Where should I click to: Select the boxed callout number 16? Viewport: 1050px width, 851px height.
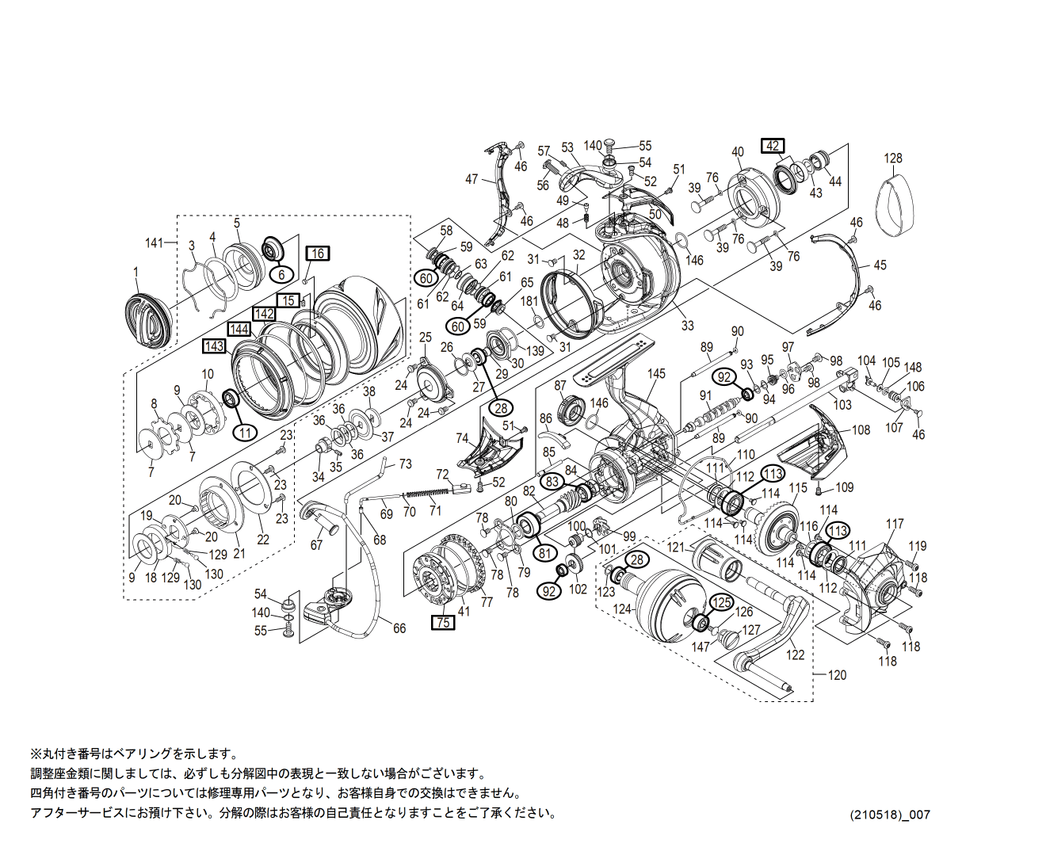(x=318, y=254)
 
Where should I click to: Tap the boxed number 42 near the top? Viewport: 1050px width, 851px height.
(x=773, y=146)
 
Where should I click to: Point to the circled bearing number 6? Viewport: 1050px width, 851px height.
(x=281, y=274)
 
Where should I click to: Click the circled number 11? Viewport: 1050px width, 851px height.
(x=246, y=432)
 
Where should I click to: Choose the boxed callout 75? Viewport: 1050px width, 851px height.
(x=443, y=623)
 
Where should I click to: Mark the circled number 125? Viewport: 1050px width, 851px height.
(x=721, y=602)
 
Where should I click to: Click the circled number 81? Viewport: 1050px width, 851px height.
(x=544, y=552)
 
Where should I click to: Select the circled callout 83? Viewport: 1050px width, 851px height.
(x=552, y=481)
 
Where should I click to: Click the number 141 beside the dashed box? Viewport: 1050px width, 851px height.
(x=154, y=242)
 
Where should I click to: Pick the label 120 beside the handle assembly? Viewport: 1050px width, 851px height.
(x=837, y=675)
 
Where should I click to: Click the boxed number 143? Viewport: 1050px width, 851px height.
(x=214, y=346)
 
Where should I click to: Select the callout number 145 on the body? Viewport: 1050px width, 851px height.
(x=656, y=374)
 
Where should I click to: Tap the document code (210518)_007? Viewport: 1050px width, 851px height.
(x=890, y=815)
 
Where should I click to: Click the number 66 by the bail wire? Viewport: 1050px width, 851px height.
(x=399, y=628)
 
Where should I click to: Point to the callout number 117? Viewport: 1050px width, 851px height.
(x=895, y=524)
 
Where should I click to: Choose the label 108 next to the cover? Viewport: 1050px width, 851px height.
(x=861, y=430)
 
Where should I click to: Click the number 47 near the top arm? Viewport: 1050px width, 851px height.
(x=472, y=179)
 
